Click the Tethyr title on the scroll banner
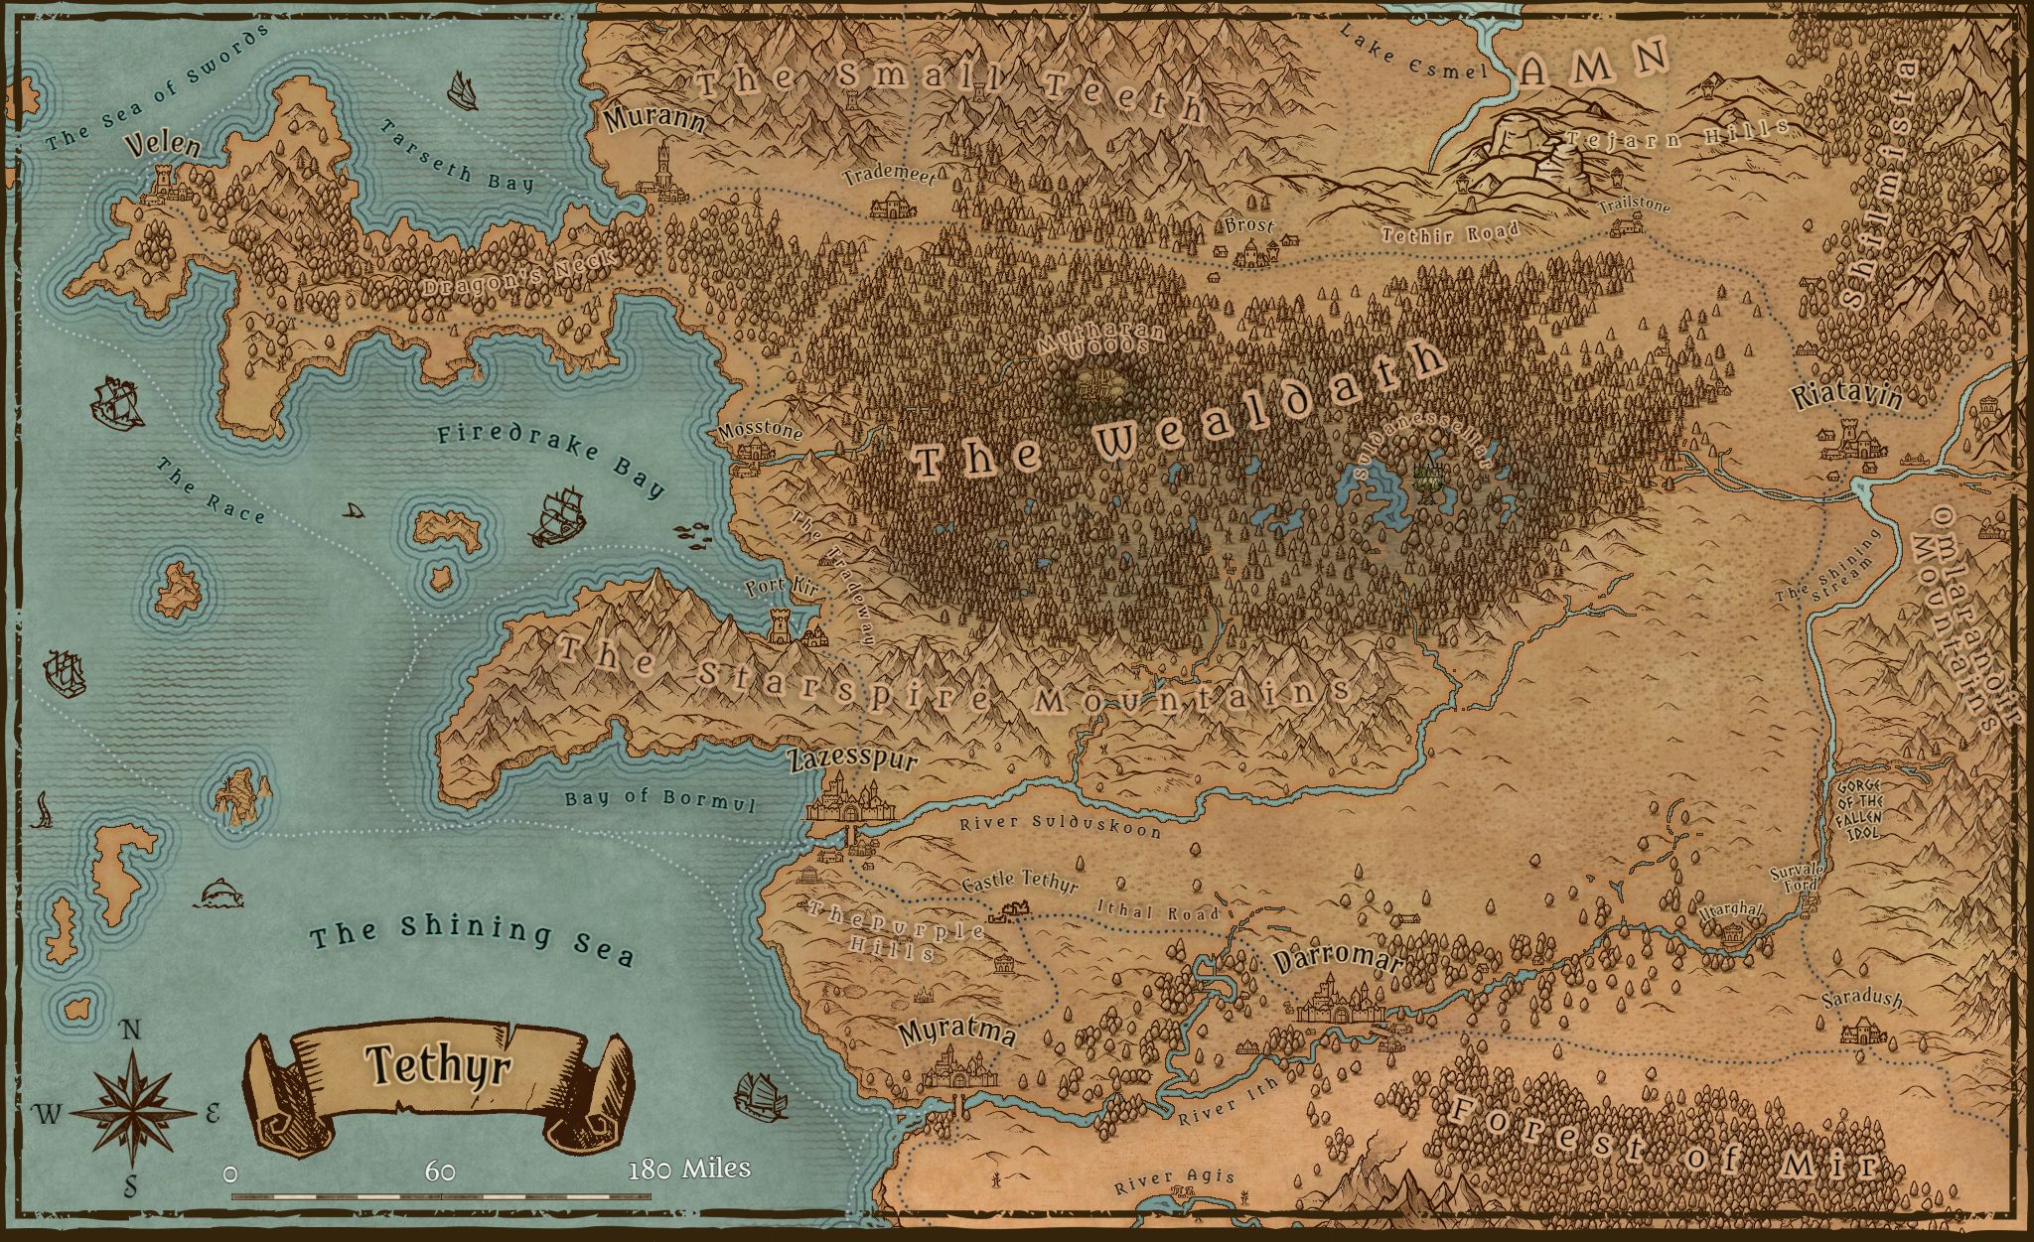(x=437, y=1066)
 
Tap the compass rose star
(x=132, y=1111)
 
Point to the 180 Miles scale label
(x=689, y=1169)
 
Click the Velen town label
(x=164, y=148)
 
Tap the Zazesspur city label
(x=852, y=761)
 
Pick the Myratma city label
(x=956, y=1032)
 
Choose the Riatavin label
(x=1846, y=397)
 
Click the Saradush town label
(x=1862, y=999)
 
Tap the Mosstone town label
(x=761, y=433)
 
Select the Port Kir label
(x=782, y=587)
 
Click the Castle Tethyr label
(x=1020, y=882)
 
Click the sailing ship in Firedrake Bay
(x=557, y=516)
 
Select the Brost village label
(x=1248, y=225)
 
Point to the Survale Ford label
(x=1795, y=878)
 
